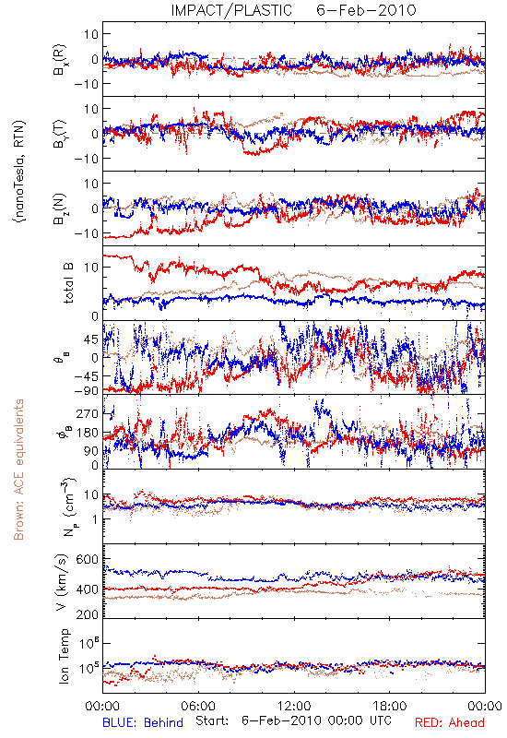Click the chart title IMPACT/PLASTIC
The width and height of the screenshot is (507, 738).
coord(231,10)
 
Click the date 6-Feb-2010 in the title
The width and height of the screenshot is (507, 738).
coord(366,10)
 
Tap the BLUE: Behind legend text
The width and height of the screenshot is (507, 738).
coord(143,722)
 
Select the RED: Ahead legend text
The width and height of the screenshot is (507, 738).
coord(450,722)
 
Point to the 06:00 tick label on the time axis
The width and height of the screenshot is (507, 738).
coord(198,706)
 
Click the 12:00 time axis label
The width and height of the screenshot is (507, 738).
coord(294,706)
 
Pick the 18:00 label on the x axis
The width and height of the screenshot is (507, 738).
coord(389,706)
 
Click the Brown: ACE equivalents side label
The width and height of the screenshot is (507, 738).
coord(18,470)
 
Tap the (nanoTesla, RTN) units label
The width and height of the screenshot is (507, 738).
coord(19,172)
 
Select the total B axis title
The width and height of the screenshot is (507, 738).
coord(67,283)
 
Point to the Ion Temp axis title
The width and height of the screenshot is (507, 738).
coord(64,656)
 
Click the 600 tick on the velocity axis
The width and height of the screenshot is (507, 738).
coord(88,559)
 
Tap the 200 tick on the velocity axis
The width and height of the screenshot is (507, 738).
coord(88,614)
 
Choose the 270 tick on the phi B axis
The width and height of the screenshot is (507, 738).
coord(88,413)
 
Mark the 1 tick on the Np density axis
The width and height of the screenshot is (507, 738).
coord(95,519)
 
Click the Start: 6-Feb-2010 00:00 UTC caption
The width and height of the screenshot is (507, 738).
coord(293,720)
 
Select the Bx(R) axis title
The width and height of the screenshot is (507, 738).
coord(60,60)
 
